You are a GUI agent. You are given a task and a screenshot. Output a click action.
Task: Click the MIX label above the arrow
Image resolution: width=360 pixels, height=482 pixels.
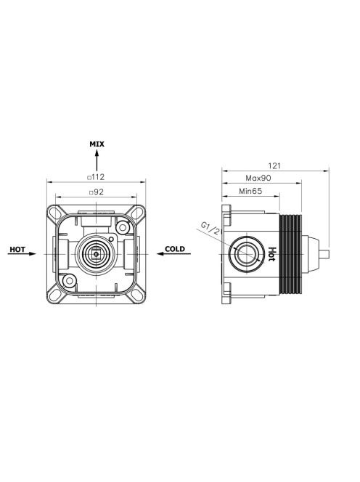click(97, 144)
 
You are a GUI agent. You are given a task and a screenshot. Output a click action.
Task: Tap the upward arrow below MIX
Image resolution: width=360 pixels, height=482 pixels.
click(97, 160)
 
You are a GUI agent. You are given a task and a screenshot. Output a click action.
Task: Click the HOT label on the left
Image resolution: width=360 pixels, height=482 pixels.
click(17, 249)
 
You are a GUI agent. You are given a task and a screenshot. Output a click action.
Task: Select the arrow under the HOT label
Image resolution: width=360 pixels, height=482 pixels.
click(22, 253)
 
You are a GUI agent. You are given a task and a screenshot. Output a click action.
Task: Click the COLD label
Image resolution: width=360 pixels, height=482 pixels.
click(175, 249)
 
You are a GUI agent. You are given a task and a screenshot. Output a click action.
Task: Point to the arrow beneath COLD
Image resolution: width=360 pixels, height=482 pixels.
click(173, 253)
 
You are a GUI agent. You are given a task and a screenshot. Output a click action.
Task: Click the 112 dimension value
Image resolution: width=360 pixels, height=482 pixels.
click(98, 177)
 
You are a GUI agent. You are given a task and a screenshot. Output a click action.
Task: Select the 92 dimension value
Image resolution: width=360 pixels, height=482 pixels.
click(99, 192)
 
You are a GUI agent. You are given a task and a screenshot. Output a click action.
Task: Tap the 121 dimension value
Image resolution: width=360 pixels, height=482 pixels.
click(274, 166)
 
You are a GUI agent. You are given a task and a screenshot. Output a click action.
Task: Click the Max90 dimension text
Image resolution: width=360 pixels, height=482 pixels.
click(258, 178)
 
